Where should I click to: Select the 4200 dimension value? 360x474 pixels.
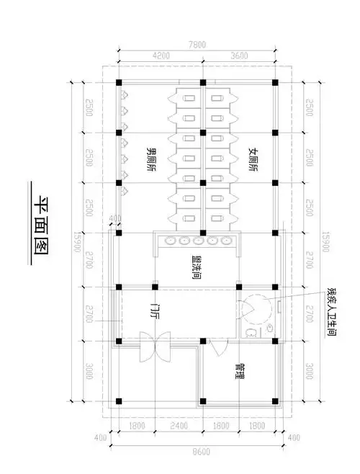click(x=161, y=55)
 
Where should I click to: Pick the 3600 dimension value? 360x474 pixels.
click(x=238, y=55)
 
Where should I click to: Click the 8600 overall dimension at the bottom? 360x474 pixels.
click(x=197, y=452)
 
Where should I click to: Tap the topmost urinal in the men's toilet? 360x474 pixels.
click(x=124, y=94)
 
